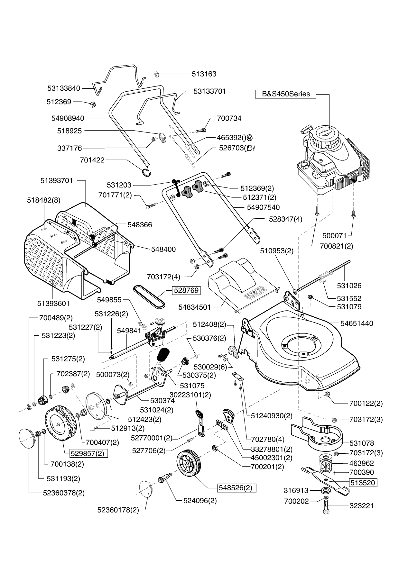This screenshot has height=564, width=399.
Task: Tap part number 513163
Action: (x=204, y=74)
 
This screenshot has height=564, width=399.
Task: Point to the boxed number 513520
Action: (x=363, y=483)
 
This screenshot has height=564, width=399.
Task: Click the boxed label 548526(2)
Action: (x=237, y=488)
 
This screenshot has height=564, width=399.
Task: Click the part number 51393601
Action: (x=53, y=303)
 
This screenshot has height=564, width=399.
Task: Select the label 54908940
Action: (x=68, y=118)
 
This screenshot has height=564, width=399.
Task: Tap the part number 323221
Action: (x=362, y=506)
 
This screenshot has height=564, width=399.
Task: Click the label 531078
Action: (x=362, y=443)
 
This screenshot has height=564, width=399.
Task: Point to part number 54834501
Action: (x=195, y=307)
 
